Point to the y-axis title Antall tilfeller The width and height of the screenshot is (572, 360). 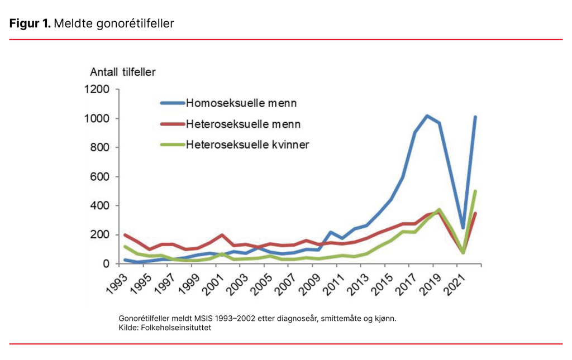coord(123,71)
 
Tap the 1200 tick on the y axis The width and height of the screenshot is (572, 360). coord(100,89)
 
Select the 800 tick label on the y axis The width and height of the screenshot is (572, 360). coord(103,147)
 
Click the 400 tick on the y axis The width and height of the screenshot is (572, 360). coord(103,205)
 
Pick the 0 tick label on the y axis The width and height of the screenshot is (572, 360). coord(111,263)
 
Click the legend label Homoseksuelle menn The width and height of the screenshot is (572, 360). coord(241,103)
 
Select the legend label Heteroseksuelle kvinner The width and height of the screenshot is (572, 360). coord(247,144)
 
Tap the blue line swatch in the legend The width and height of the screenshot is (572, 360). coord(171,103)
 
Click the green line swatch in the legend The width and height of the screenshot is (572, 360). coord(171,144)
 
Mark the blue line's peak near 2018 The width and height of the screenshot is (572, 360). coord(427,116)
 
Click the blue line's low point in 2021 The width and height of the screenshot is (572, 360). coord(463,228)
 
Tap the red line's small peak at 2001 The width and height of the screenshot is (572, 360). coord(222,235)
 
